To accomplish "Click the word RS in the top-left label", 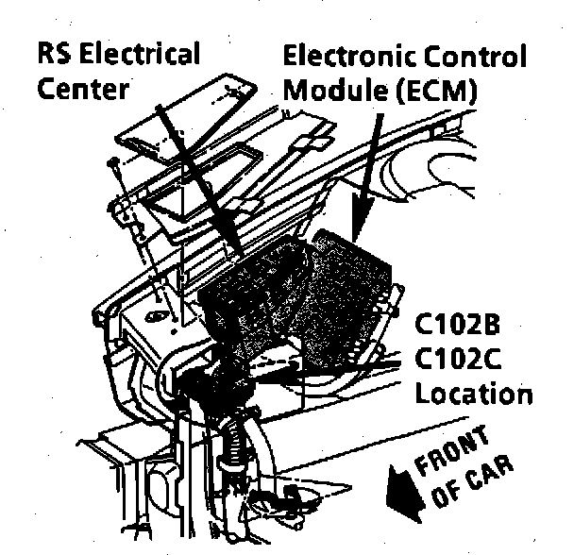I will (54, 53).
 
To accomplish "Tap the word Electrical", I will (139, 53).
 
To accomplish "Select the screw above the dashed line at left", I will (112, 166).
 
